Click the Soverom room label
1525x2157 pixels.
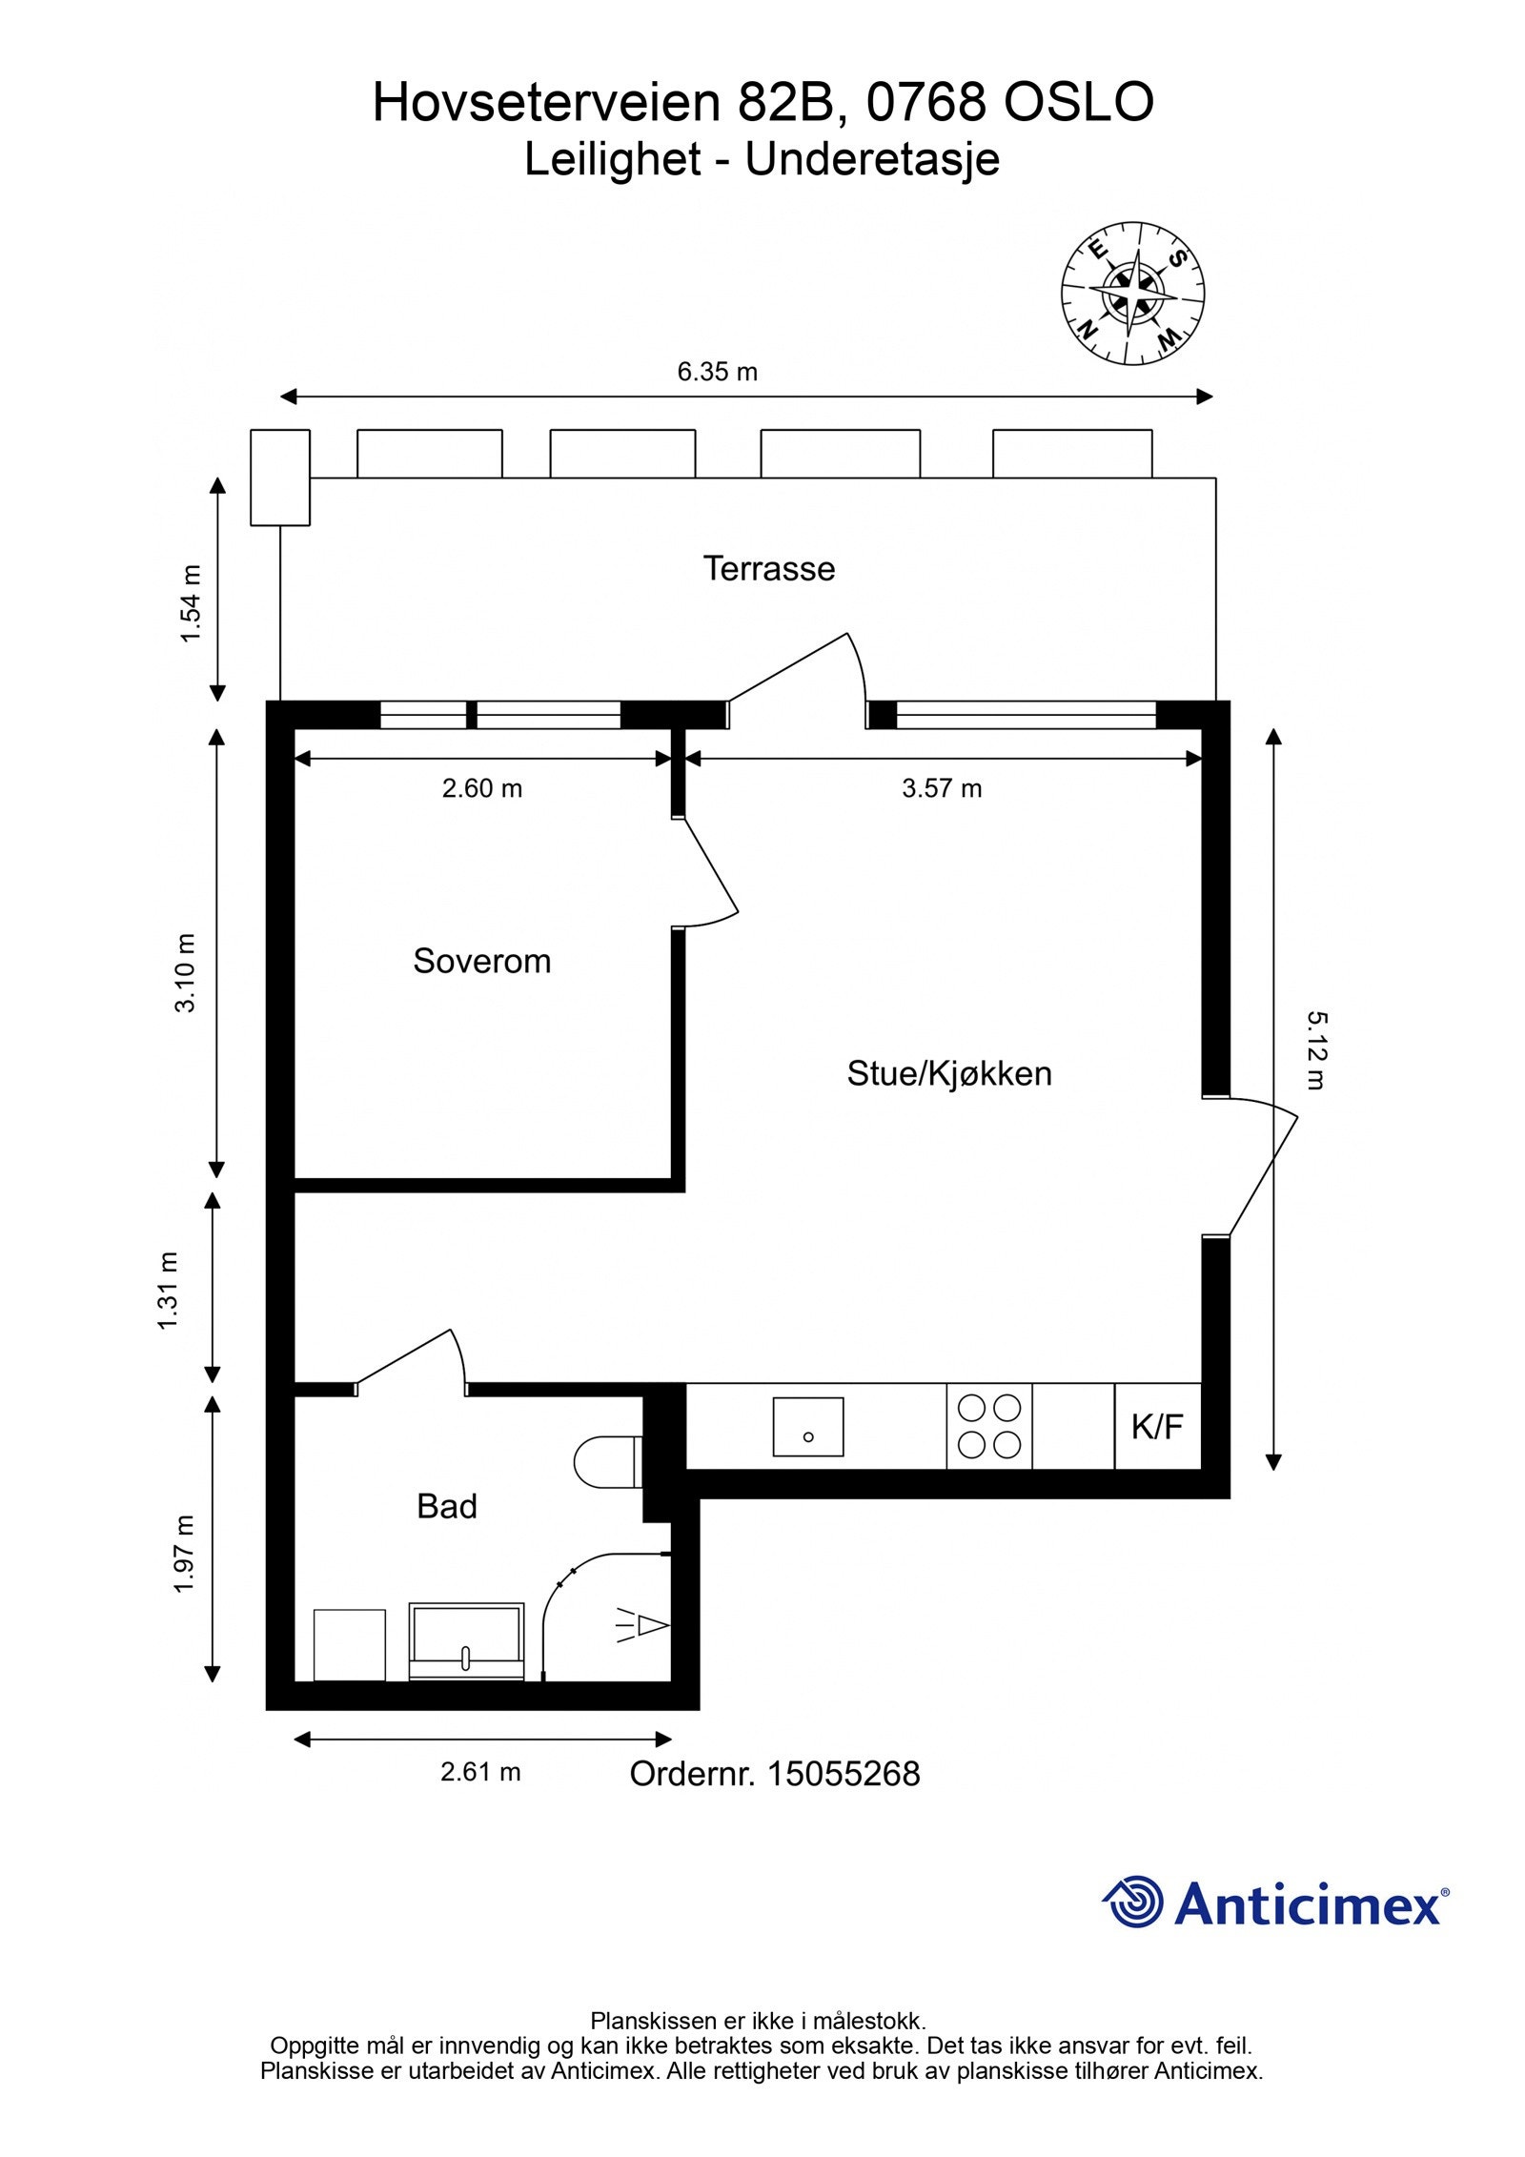pos(481,961)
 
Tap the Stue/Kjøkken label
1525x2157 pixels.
pos(948,1073)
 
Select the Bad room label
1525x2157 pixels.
pos(446,1506)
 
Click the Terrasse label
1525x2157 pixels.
pos(768,568)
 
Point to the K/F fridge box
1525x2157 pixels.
pos(1156,1427)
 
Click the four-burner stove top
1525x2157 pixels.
pos(988,1426)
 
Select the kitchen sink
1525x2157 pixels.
pos(807,1426)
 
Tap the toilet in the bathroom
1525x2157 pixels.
pos(607,1461)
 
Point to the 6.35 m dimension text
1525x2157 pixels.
pos(717,372)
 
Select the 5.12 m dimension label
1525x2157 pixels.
pos(1315,1050)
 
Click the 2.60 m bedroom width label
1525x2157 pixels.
pos(481,788)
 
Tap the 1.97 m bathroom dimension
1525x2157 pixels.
pos(184,1553)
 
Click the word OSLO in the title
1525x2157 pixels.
pos(1078,102)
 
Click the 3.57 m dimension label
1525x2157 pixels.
pos(942,788)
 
